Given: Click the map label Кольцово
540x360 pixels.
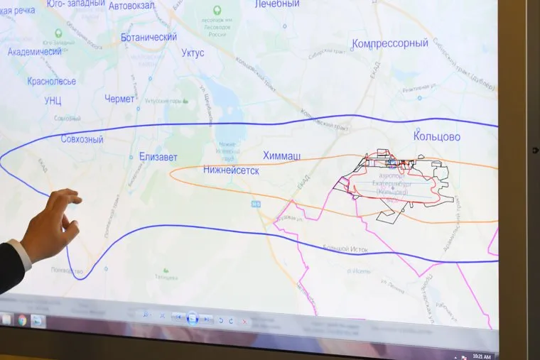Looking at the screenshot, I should coord(437,136).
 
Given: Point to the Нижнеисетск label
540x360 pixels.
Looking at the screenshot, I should coord(231,170).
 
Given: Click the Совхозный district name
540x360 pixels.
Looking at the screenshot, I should coord(82,139).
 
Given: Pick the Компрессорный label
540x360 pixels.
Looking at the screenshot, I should coord(390,43).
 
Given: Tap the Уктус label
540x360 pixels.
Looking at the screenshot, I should coord(193,53).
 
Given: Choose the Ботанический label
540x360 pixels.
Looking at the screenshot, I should coord(149,36).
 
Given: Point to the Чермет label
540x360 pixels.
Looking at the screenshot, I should coord(119,99).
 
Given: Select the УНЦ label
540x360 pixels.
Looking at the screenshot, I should coord(53,100).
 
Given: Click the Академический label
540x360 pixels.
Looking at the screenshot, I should coord(35,52).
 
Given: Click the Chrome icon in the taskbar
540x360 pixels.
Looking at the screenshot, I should coord(22,320).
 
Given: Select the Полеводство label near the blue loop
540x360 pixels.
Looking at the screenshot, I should coord(68,271).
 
